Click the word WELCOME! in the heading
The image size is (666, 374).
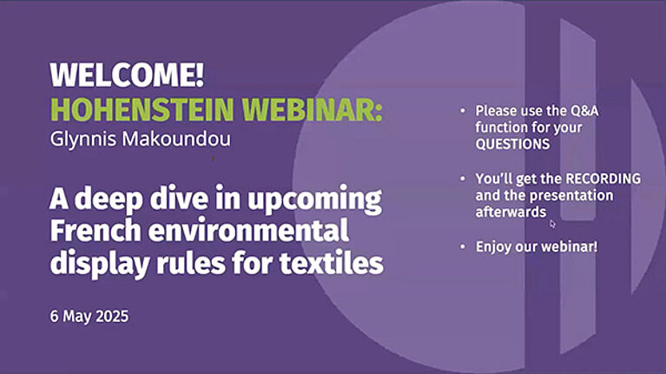click(x=127, y=75)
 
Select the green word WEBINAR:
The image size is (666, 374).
click(x=313, y=109)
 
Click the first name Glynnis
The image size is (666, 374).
click(x=83, y=140)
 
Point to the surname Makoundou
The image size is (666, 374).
click(x=176, y=139)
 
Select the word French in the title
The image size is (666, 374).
click(x=96, y=230)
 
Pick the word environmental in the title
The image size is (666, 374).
click(x=249, y=230)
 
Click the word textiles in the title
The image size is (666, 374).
click(x=332, y=263)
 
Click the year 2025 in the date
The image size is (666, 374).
click(x=112, y=316)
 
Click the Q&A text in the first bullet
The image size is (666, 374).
click(x=584, y=111)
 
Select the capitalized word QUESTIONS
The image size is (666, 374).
click(x=512, y=144)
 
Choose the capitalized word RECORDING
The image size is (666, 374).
click(x=603, y=178)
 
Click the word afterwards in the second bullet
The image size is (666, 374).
click(x=511, y=212)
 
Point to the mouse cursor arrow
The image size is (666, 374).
click(x=552, y=223)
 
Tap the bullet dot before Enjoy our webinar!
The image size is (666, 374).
click(x=463, y=246)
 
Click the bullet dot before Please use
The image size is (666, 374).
click(x=463, y=111)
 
